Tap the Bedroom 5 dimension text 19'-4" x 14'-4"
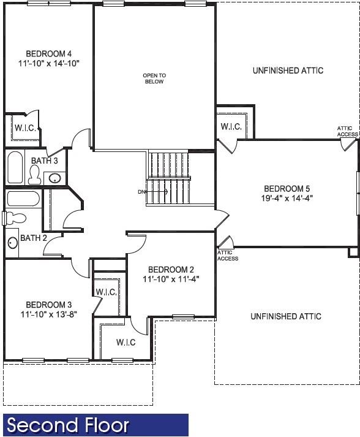click(x=283, y=198)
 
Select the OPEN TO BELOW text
click(x=154, y=78)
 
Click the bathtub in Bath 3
click(x=15, y=167)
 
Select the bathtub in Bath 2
click(x=23, y=199)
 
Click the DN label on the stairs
click(x=142, y=192)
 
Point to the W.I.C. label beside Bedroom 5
click(x=231, y=127)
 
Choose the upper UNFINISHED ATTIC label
click(x=288, y=70)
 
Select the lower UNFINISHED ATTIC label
click(x=286, y=316)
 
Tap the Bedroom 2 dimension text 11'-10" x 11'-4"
click(x=171, y=279)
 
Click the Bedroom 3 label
click(x=48, y=305)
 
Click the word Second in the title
click(x=43, y=425)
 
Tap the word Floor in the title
click(x=107, y=425)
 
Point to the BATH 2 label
click(x=34, y=238)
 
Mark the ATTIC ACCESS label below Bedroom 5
click(x=228, y=256)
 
